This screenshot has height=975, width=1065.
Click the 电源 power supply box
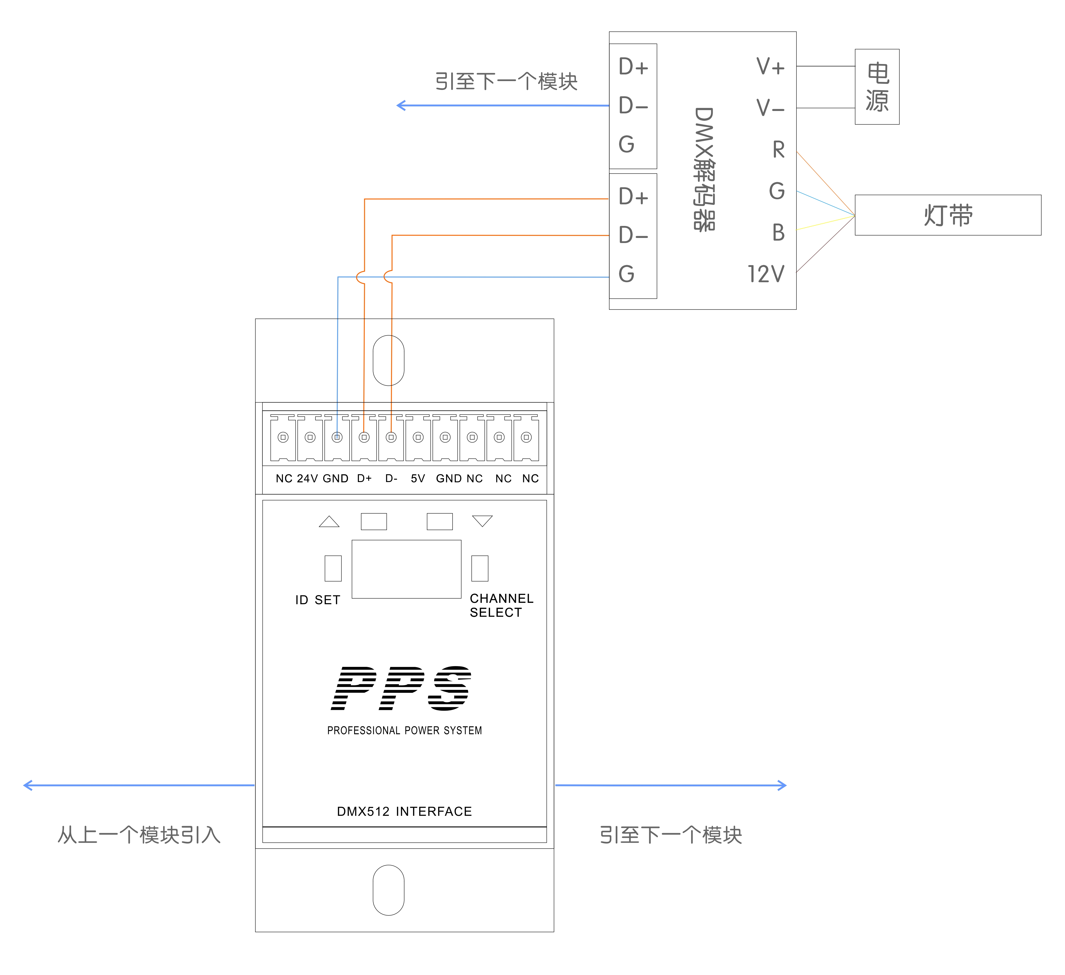tap(877, 87)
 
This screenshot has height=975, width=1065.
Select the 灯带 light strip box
tap(948, 215)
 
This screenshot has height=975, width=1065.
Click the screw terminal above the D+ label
tap(364, 437)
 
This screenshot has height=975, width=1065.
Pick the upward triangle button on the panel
tap(329, 522)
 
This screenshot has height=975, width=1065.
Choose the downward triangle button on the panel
tap(482, 521)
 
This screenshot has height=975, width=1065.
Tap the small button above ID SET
tap(333, 568)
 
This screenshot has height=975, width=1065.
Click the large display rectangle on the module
tap(406, 569)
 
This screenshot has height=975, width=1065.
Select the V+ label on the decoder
tap(771, 67)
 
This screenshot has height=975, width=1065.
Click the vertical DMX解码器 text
tap(704, 169)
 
